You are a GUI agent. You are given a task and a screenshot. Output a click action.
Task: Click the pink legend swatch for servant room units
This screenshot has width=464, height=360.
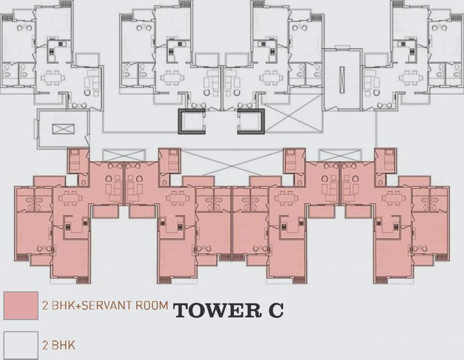pyautogui.click(x=21, y=306)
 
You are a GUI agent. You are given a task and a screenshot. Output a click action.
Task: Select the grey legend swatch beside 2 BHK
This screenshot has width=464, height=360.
pyautogui.click(x=21, y=345)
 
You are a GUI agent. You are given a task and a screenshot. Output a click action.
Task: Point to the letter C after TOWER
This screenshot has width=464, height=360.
pyautogui.click(x=275, y=310)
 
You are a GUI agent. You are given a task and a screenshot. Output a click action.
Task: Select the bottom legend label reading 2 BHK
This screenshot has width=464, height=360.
pyautogui.click(x=59, y=345)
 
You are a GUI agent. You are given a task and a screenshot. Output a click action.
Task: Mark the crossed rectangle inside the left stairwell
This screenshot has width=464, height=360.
pyautogui.click(x=62, y=129)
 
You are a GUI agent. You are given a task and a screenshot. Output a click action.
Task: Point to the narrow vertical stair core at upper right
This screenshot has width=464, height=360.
pyautogui.click(x=342, y=80)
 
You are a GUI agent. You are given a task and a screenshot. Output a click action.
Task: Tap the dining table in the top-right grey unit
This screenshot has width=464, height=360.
pyautogui.click(x=411, y=77)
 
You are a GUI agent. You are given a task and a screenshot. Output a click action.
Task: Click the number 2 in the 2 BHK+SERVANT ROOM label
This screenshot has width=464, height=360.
pyautogui.click(x=45, y=306)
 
